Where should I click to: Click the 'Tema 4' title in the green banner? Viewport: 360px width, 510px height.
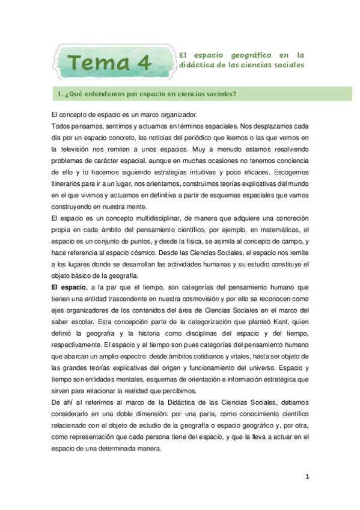pos(108,62)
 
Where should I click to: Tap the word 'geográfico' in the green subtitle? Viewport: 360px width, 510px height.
pos(243,54)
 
